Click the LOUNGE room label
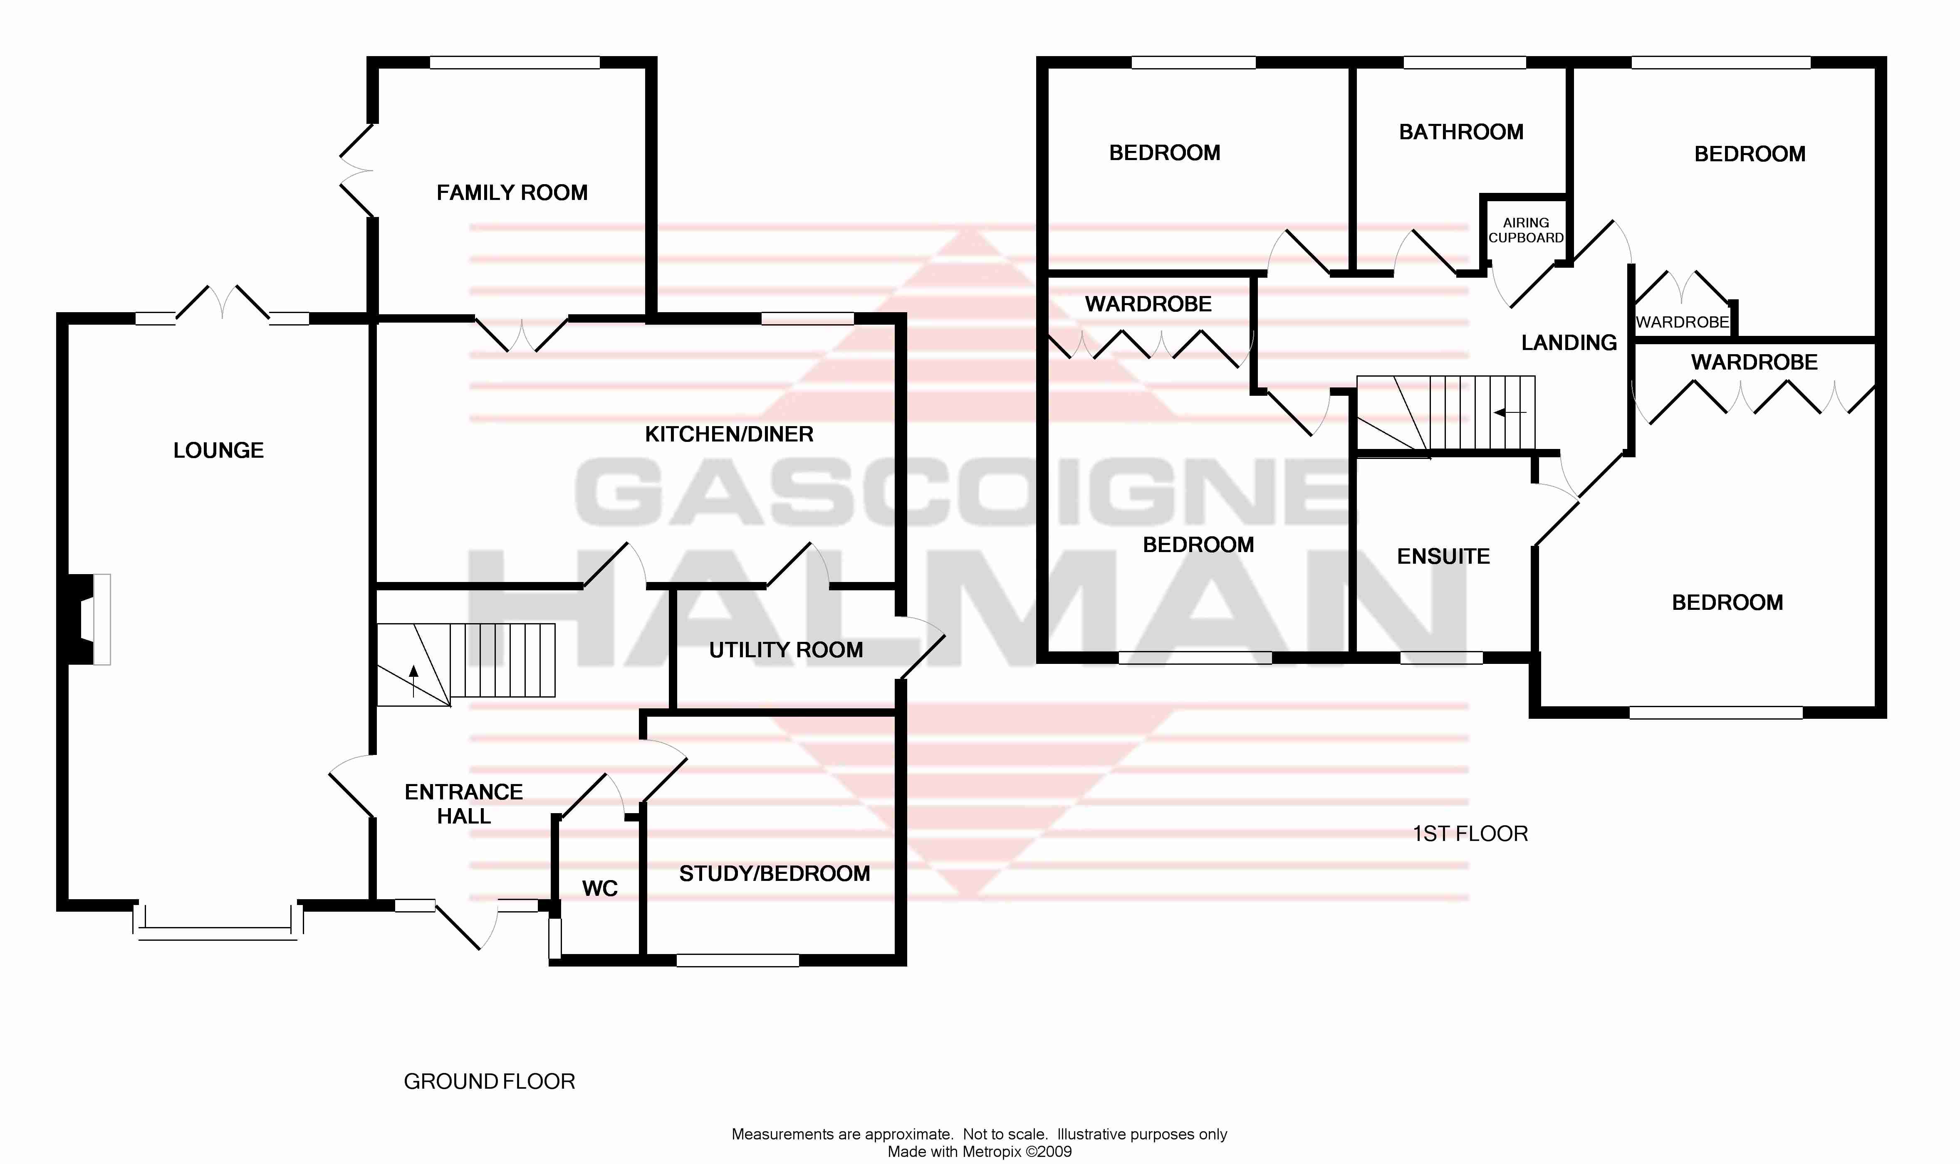(218, 450)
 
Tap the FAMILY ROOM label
(512, 192)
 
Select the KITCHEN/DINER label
(729, 434)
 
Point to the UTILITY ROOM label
(785, 649)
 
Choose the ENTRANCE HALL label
(464, 804)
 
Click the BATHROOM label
(1461, 132)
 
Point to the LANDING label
(1569, 343)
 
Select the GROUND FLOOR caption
(489, 1082)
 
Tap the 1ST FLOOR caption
(1470, 834)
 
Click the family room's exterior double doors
(355, 170)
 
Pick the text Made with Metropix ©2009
(979, 1152)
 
